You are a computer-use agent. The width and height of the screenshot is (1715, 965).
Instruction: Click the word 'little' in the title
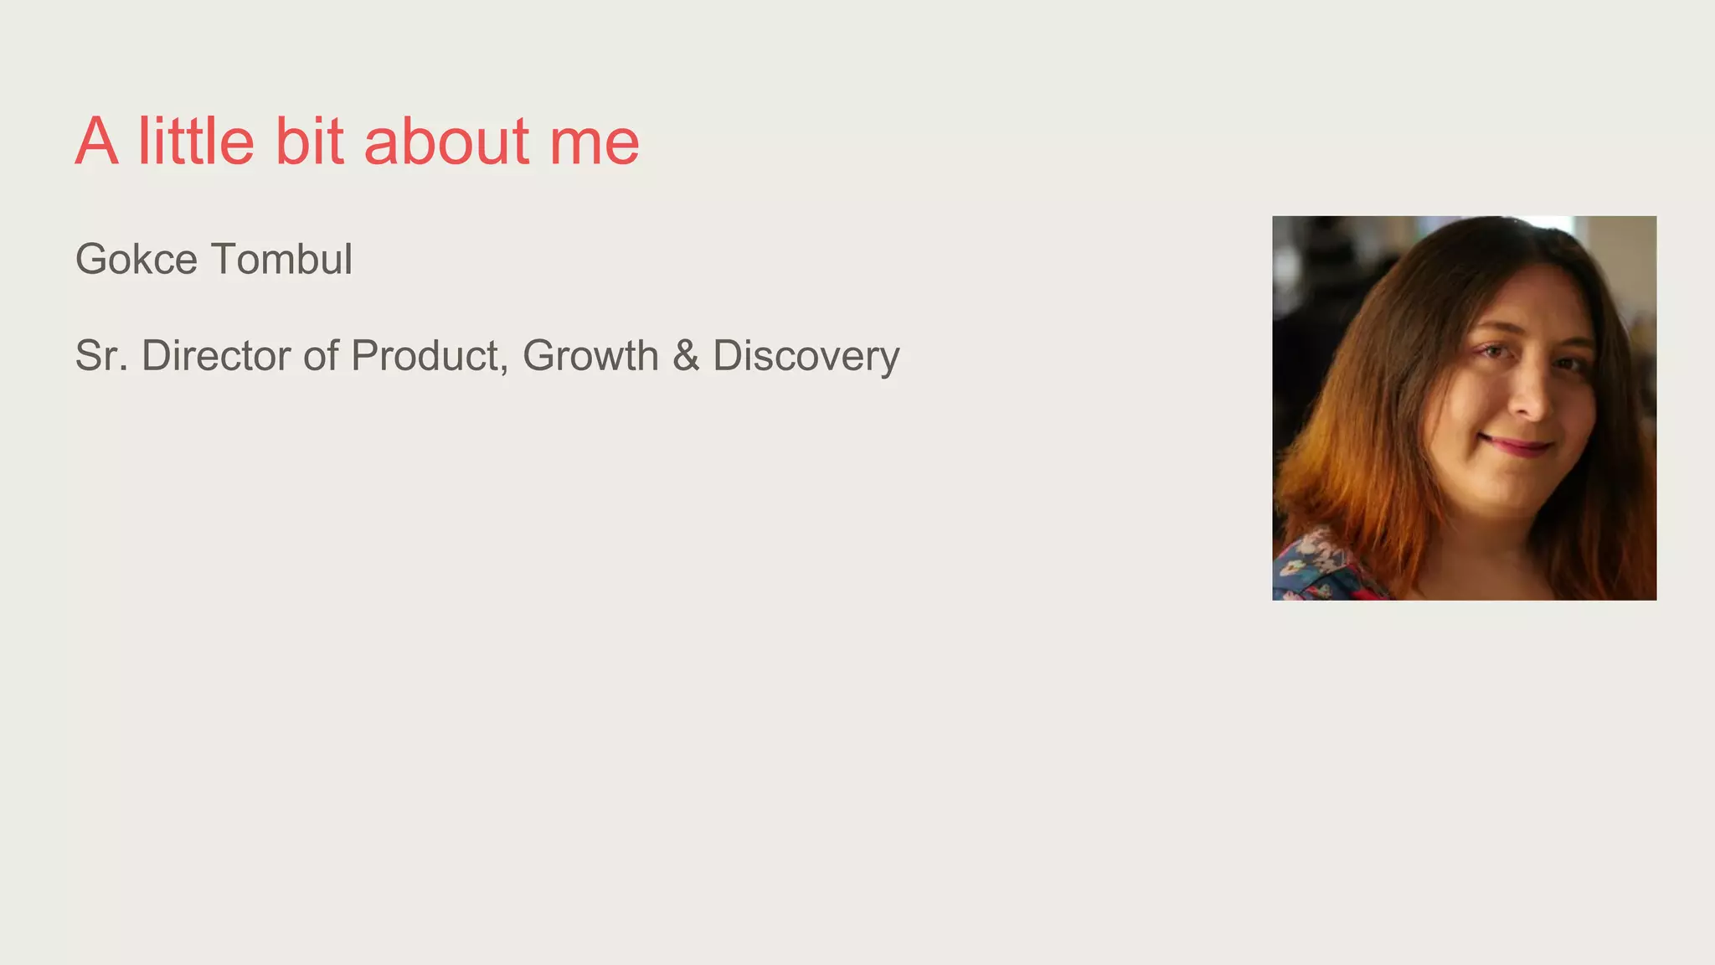(196, 141)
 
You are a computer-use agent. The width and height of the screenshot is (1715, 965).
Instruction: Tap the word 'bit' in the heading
(309, 141)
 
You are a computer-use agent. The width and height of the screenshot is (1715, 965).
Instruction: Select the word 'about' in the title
(446, 141)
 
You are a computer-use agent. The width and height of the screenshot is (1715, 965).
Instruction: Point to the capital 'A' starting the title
(96, 141)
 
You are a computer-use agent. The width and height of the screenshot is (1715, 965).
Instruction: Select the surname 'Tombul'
(282, 259)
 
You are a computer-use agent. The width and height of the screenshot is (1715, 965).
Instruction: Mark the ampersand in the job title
(685, 355)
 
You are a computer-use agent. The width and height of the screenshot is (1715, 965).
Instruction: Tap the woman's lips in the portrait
(1516, 444)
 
